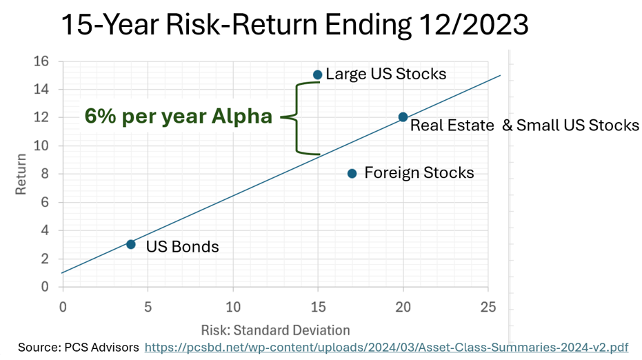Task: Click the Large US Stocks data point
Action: tap(317, 74)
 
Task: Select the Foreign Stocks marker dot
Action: tap(352, 173)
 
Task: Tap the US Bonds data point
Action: tap(131, 244)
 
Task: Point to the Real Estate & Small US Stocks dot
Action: tap(403, 117)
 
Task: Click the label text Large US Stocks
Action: tap(385, 74)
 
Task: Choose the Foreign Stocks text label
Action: tap(419, 172)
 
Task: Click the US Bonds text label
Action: tap(182, 246)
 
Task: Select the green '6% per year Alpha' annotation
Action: tap(179, 117)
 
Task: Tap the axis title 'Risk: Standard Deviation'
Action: tap(275, 330)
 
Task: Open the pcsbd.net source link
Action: tap(386, 347)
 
